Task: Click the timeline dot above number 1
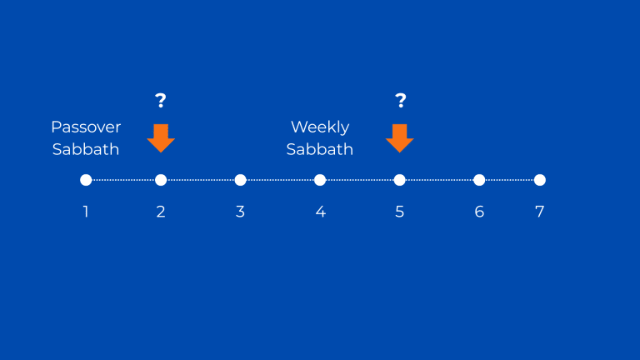pos(86,180)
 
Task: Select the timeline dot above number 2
pos(161,180)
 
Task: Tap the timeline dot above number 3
pos(240,180)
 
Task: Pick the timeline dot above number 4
pos(320,180)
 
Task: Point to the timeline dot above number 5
pos(400,180)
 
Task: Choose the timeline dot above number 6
pos(479,180)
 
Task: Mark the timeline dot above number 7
pos(540,180)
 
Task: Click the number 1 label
pos(86,212)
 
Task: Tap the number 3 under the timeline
pos(240,212)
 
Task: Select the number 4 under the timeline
pos(320,212)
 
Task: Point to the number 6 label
pos(479,212)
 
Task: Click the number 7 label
pos(540,212)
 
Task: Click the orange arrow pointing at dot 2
pos(161,138)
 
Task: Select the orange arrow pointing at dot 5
pos(400,138)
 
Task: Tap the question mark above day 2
pos(161,100)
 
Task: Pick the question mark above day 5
pos(401,100)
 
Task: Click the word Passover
pos(86,127)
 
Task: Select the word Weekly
pos(320,127)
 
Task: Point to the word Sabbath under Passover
pos(86,149)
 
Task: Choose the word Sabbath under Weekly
pos(320,149)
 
